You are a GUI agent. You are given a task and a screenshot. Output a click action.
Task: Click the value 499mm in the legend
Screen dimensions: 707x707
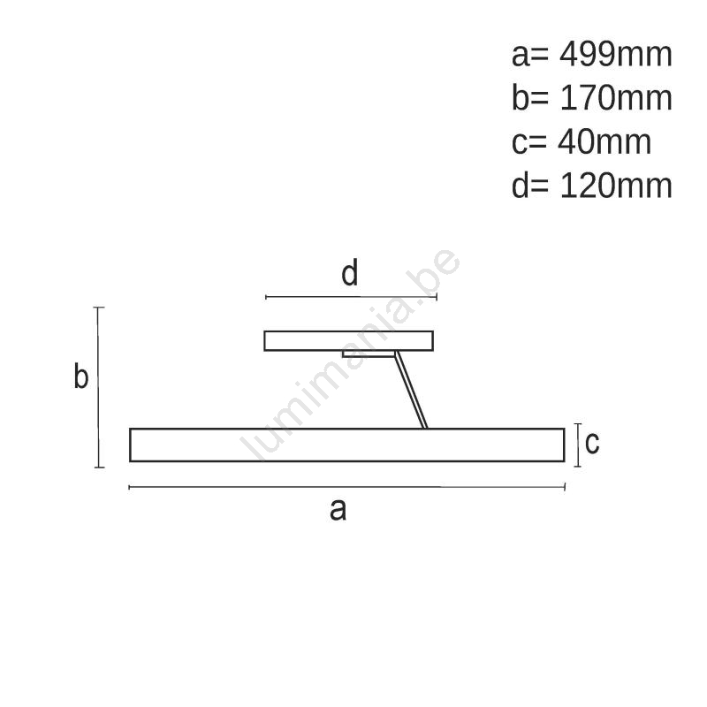point(615,55)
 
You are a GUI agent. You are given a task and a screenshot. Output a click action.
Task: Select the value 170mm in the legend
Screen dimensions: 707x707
point(615,98)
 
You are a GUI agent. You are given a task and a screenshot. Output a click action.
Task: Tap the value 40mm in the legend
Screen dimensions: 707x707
point(604,142)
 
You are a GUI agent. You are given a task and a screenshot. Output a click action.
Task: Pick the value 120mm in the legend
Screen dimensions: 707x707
point(615,186)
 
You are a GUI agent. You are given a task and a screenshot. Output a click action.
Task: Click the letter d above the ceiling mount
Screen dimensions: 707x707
point(350,273)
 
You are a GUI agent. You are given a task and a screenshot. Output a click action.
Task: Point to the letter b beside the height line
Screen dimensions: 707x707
point(81,375)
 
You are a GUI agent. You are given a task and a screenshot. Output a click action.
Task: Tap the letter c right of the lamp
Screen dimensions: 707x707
point(592,443)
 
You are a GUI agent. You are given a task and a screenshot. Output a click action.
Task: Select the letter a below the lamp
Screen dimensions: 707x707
point(338,511)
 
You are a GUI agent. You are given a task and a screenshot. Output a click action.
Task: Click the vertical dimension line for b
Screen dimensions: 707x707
point(99,387)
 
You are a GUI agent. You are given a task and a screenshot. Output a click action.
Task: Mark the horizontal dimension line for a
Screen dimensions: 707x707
point(346,487)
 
